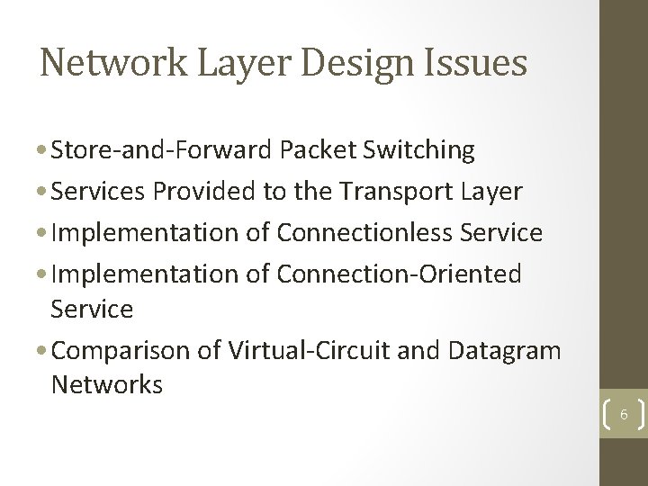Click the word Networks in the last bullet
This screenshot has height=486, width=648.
107,385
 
